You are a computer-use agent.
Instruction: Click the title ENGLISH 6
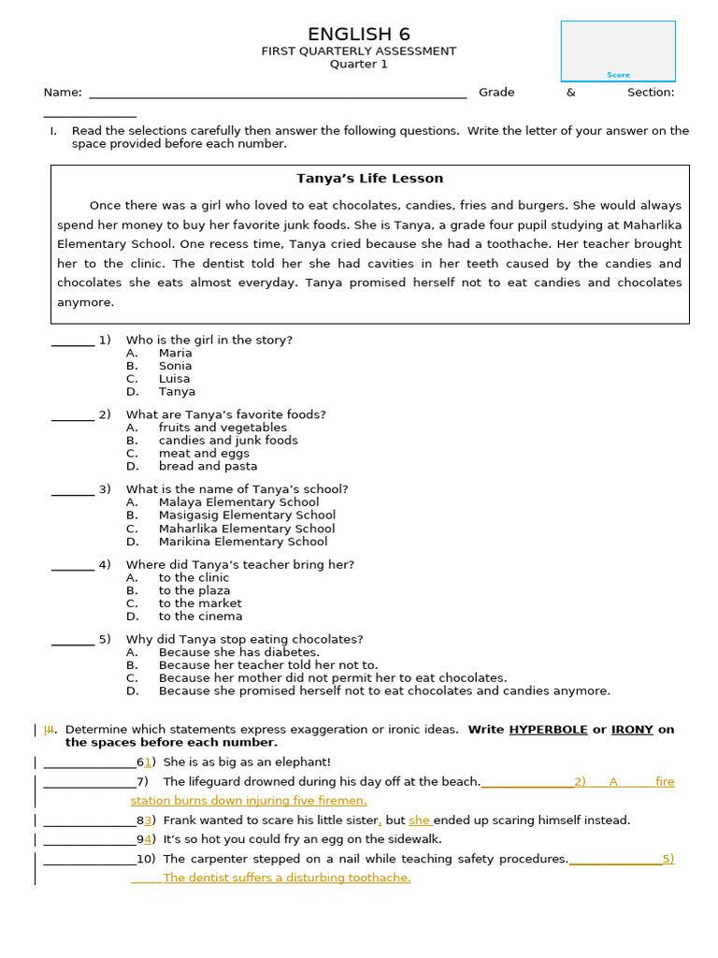point(359,35)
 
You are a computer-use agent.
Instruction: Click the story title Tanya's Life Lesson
point(369,179)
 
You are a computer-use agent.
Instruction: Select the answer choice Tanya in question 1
point(177,392)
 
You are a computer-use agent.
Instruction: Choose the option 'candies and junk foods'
point(228,441)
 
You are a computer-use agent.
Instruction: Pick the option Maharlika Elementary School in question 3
point(246,529)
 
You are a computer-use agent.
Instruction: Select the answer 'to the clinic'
point(194,578)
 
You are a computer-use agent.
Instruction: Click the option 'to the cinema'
point(200,617)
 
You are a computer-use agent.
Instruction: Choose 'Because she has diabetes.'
point(238,652)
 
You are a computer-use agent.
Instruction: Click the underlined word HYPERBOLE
point(548,730)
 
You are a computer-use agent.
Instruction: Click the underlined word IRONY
point(632,730)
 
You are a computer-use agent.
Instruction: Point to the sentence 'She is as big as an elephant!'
point(247,762)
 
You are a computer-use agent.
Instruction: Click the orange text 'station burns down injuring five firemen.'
point(249,801)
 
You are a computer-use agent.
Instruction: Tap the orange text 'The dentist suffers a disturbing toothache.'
point(286,878)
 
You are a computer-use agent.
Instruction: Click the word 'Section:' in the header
point(651,93)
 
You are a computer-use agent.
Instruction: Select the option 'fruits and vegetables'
point(223,428)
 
